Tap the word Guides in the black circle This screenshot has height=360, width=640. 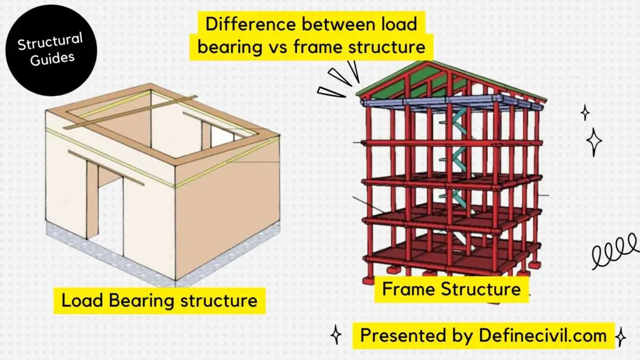click(52, 59)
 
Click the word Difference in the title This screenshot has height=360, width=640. click(250, 24)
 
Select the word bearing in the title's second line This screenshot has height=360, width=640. click(230, 47)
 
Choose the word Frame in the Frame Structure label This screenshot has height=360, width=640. click(409, 289)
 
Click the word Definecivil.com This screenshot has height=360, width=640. click(542, 336)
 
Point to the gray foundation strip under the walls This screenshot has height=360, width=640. click(163, 252)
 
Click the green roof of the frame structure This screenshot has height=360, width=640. click(408, 82)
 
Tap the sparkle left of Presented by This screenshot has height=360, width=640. click(336, 335)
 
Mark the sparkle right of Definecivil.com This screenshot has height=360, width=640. click(621, 337)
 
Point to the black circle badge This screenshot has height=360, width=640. click(51, 50)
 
